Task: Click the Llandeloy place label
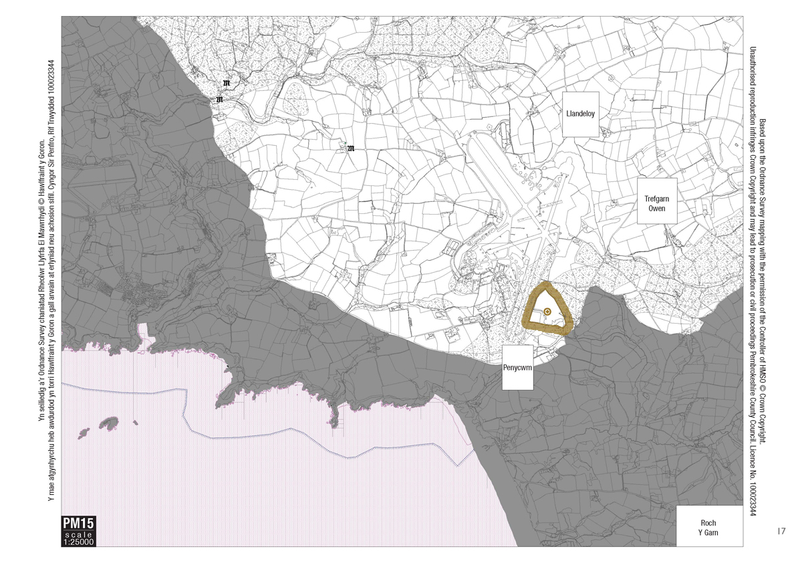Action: click(579, 114)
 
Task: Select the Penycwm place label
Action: click(517, 368)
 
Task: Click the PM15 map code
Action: click(78, 524)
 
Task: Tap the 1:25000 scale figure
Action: click(78, 542)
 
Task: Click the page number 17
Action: click(781, 532)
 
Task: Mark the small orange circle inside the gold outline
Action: click(547, 312)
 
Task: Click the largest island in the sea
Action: click(110, 425)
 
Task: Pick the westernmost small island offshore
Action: click(84, 432)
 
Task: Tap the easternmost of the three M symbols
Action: click(350, 148)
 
